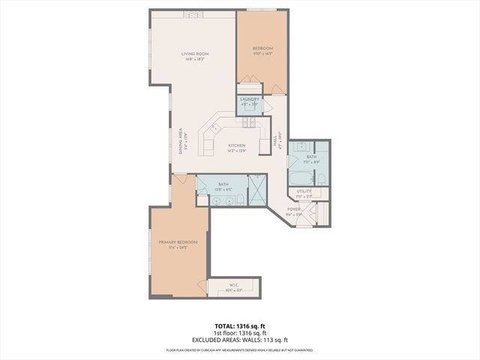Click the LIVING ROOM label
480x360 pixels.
click(194, 54)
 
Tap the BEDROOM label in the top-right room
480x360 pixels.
click(262, 49)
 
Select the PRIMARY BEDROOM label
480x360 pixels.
click(178, 242)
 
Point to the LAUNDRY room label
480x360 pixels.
click(250, 99)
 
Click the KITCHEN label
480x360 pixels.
click(237, 145)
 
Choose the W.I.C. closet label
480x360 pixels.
click(233, 285)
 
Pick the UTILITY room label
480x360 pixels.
click(304, 192)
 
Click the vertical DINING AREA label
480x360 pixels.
click(180, 139)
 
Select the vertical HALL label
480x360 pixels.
click(276, 139)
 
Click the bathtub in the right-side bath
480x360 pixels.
click(298, 178)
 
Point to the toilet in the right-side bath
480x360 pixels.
click(321, 178)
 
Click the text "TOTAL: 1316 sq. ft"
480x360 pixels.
click(239, 327)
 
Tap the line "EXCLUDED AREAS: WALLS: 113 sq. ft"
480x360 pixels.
click(239, 340)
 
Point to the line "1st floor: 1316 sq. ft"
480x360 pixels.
click(239, 334)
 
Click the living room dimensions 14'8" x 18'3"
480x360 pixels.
click(194, 59)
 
